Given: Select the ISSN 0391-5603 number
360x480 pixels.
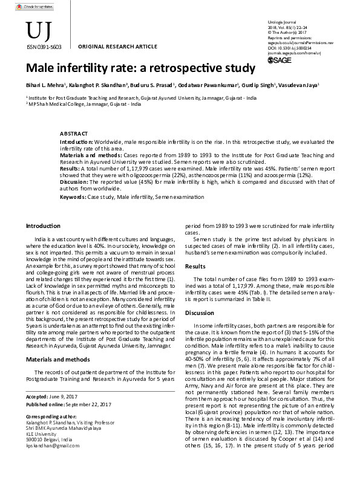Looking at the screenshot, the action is point(42,45).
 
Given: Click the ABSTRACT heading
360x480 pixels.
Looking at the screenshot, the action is point(74,133).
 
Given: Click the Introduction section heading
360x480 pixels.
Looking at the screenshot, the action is point(42,226).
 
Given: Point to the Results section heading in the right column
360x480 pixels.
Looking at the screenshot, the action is point(195,266).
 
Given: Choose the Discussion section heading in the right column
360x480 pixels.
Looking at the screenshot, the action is point(199,313).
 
